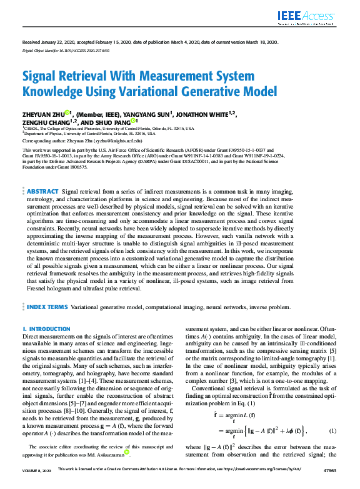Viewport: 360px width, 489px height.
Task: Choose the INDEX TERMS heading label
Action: point(47,308)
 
